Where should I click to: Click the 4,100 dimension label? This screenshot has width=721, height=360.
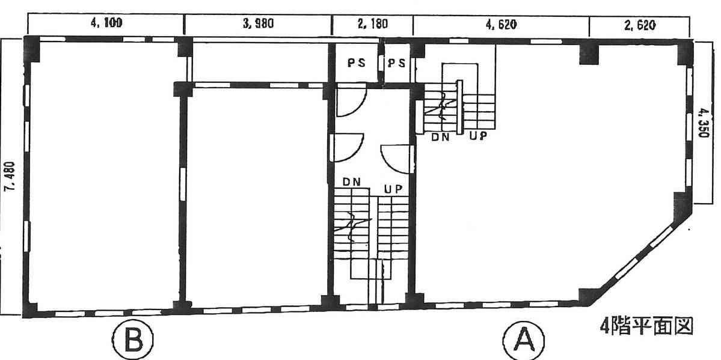(106, 24)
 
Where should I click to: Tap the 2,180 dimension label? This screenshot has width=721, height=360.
(373, 24)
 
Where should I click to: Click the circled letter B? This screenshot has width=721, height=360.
(132, 341)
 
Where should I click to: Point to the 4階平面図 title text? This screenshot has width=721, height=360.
(646, 327)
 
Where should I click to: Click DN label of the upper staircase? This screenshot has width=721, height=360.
(440, 137)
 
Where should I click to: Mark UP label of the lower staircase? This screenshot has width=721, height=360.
(394, 188)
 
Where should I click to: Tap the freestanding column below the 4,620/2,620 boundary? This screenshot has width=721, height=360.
(589, 54)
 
